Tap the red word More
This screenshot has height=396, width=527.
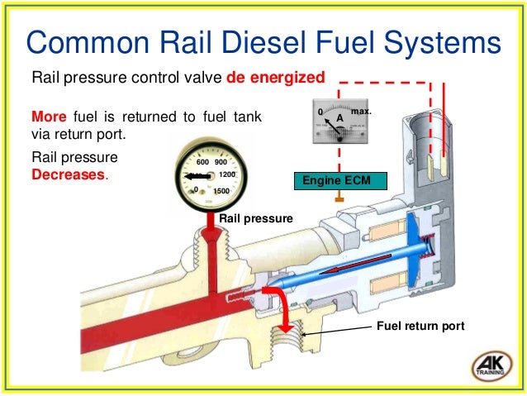(50, 117)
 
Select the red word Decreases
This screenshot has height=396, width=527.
(69, 175)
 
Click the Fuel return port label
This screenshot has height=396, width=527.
(420, 327)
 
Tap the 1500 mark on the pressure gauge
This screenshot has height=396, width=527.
(221, 191)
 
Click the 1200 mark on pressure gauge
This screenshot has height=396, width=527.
(228, 175)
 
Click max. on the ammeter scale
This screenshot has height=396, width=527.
(362, 109)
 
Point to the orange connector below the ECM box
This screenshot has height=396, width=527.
(339, 198)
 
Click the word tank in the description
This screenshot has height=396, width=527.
(243, 117)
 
